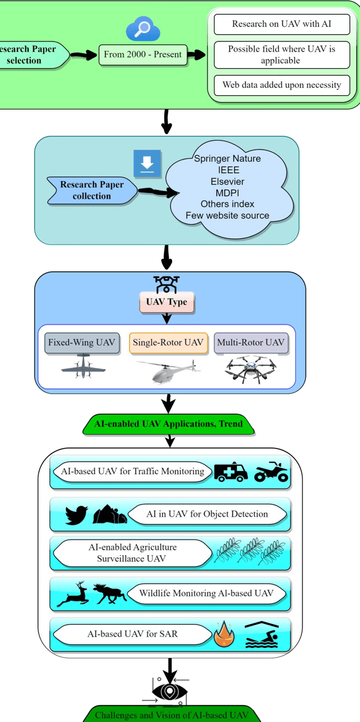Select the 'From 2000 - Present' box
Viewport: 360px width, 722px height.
pyautogui.click(x=142, y=55)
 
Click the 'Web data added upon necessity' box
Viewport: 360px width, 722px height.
pyautogui.click(x=281, y=85)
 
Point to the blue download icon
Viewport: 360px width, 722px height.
pyautogui.click(x=147, y=163)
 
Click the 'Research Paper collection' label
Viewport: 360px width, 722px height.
pyautogui.click(x=92, y=190)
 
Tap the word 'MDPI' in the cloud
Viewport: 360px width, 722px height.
pyautogui.click(x=227, y=193)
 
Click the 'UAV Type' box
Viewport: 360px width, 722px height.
pyautogui.click(x=166, y=302)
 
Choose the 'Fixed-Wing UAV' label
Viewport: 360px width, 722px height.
pyautogui.click(x=82, y=342)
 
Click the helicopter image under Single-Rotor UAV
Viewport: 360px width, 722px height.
pyautogui.click(x=167, y=371)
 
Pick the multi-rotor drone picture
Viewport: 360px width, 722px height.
pyautogui.click(x=250, y=371)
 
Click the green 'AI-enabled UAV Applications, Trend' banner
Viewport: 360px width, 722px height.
pyautogui.click(x=169, y=424)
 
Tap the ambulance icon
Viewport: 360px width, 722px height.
pyautogui.click(x=231, y=472)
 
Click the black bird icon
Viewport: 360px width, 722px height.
pyautogui.click(x=76, y=515)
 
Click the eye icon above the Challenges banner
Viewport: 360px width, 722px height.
pyautogui.click(x=169, y=692)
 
